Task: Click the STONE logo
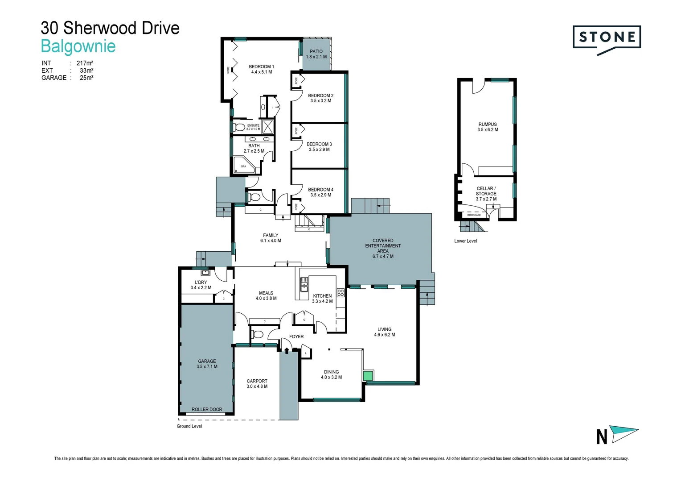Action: tap(607, 37)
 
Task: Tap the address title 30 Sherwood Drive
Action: tap(110, 28)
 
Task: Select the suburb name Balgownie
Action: tap(78, 46)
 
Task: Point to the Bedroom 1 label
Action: tap(261, 69)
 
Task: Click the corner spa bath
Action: tap(244, 165)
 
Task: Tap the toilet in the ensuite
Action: tap(239, 127)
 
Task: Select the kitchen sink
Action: tap(304, 284)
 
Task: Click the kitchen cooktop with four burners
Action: tap(340, 293)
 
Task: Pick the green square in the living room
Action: tap(368, 376)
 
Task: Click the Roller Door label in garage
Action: tap(207, 409)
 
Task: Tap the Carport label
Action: tap(257, 384)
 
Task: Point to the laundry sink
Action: tap(205, 272)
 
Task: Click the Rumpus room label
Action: tap(488, 127)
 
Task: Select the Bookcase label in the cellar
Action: tap(474, 215)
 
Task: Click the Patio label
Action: tap(316, 54)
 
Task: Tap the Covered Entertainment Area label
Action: tap(383, 248)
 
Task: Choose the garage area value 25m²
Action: tap(86, 78)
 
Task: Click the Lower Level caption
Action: tap(465, 241)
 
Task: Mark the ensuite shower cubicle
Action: tap(267, 127)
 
